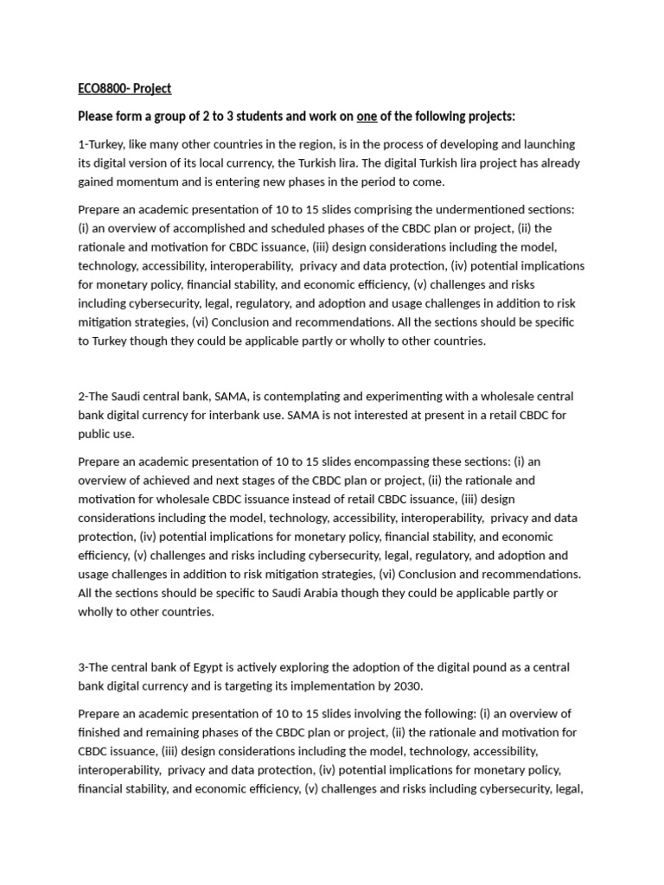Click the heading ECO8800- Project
point(124,88)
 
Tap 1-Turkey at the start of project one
point(105,144)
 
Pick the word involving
point(412,714)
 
